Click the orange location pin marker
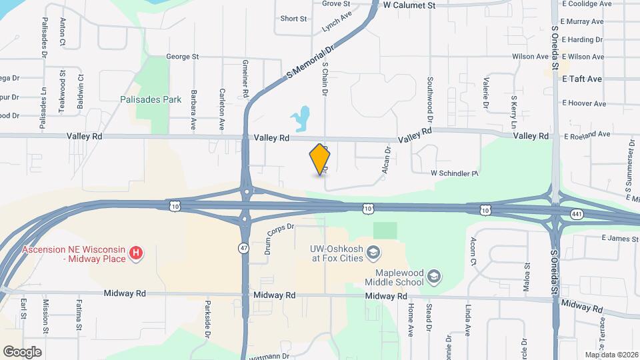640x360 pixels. [x=320, y=159]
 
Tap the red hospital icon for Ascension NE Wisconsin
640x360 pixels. [x=137, y=253]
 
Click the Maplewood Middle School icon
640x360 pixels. [x=434, y=276]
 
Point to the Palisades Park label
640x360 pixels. [x=151, y=99]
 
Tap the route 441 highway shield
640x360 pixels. [x=577, y=213]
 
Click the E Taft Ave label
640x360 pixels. [x=582, y=79]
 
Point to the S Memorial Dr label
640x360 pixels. [x=311, y=60]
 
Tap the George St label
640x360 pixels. [x=183, y=57]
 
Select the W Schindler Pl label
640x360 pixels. [x=455, y=173]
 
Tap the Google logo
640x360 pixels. [x=22, y=351]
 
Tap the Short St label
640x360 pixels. [x=293, y=19]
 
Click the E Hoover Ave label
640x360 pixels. [x=584, y=103]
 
